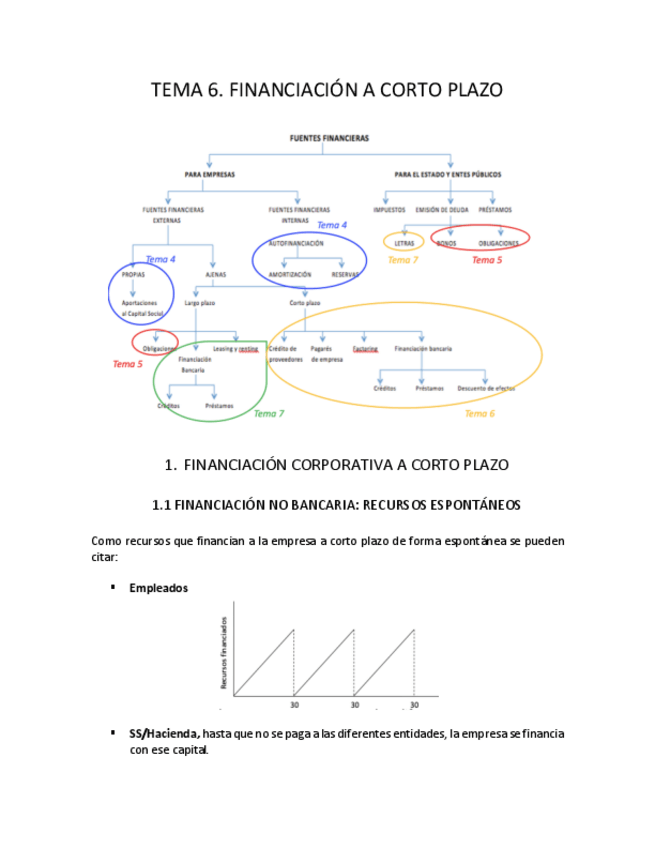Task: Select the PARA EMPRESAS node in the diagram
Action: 210,174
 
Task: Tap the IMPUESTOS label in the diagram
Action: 390,210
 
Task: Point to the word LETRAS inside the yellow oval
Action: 404,243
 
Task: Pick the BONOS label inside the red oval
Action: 447,243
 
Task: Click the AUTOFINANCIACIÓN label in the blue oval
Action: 297,243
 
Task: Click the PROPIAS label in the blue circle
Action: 133,273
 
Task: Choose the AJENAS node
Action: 215,273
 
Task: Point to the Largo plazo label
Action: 199,302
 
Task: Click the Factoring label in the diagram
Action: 365,349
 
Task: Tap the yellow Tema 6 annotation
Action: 480,413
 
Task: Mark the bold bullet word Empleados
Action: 158,588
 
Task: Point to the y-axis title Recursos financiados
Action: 223,652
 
